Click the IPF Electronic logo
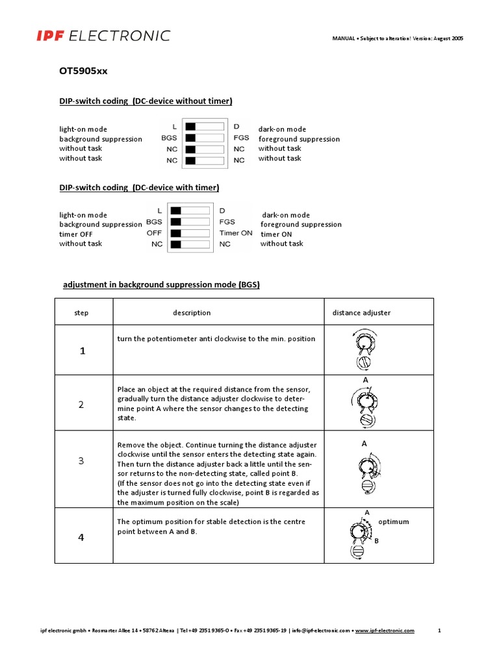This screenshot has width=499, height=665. coord(103,36)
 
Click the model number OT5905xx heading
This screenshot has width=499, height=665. coord(84,71)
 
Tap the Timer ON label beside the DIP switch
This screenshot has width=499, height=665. coord(236,233)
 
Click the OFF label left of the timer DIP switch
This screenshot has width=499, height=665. coord(154,232)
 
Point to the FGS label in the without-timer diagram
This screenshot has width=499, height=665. coord(241,138)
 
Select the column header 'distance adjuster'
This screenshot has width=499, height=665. coord(361,312)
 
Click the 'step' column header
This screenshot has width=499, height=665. coord(81,312)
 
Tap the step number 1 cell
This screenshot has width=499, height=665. coord(82,351)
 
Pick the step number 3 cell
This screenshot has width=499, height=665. coord(81,461)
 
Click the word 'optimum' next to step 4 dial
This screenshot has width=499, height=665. coord(394,521)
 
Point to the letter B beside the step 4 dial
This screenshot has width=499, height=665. coord(376,540)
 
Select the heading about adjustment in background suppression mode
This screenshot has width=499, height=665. coord(160,284)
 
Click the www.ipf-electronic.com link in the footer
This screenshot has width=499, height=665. coord(385,631)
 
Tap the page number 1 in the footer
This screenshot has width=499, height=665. coord(440,631)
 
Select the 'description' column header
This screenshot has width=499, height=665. coord(192,312)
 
